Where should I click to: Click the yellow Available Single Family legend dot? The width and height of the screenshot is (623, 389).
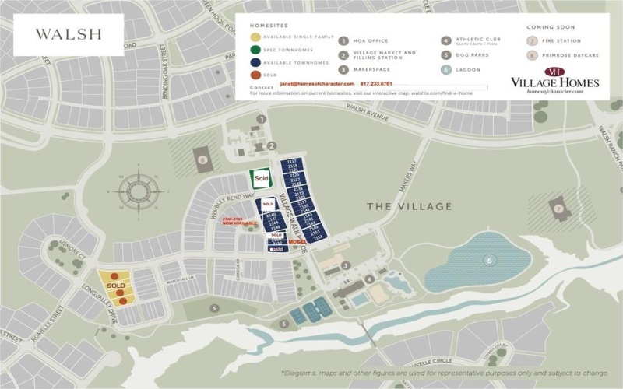(x=255, y=37)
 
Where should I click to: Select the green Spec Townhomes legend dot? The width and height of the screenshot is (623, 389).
(x=255, y=49)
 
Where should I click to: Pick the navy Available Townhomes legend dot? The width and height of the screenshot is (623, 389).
(x=255, y=61)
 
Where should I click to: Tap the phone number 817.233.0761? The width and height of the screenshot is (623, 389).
(x=376, y=84)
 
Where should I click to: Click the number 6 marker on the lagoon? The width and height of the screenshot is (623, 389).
(x=490, y=261)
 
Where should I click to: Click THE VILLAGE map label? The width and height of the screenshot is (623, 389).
(x=409, y=206)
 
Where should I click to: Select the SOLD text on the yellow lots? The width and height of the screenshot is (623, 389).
(x=115, y=286)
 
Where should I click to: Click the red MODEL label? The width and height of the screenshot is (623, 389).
(x=297, y=242)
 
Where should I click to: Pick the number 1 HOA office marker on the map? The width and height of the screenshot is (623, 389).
(x=262, y=119)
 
